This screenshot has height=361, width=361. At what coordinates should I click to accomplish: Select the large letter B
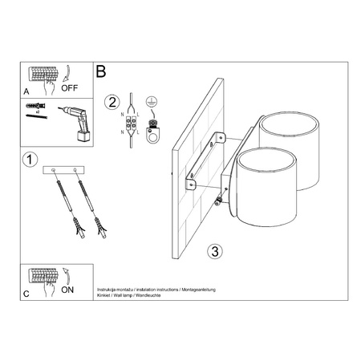pos(101,71)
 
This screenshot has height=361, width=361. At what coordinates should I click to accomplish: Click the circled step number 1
pos(30,160)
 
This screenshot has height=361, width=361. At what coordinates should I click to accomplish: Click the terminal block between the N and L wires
pos(129,124)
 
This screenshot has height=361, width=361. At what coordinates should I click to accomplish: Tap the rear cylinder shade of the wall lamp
pos(290,136)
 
